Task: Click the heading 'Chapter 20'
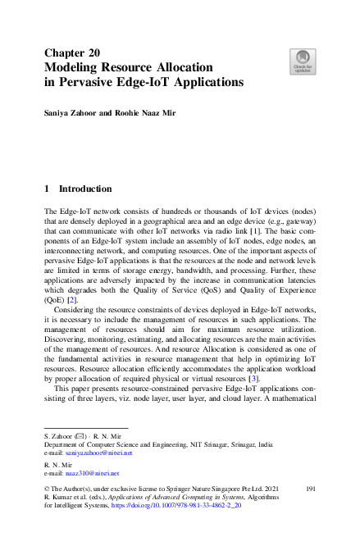point(72,52)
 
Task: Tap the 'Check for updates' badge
point(303,61)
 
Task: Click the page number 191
point(311,488)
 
